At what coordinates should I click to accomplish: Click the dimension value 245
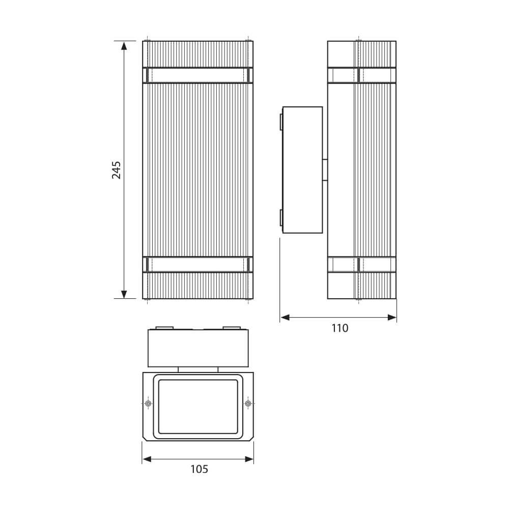pos(117,170)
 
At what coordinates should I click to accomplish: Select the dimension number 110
pos(340,328)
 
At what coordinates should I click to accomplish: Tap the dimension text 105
pos(199,469)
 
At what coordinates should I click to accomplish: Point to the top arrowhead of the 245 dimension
pos(124,45)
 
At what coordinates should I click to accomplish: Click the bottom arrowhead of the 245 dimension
pos(124,294)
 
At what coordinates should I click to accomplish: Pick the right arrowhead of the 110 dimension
pos(392,318)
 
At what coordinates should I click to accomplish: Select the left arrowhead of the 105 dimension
pos(147,459)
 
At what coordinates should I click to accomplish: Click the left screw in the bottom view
pos(148,404)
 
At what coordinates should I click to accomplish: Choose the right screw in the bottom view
pos(248,404)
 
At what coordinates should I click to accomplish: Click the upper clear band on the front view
pos(197,75)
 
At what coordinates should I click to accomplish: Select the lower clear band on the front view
pos(197,265)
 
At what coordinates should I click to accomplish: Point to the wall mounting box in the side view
pos(302,170)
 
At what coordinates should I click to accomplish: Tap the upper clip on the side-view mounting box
pos(280,122)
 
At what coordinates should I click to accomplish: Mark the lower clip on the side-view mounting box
pos(280,217)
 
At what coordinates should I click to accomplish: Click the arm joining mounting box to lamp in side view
pos(325,169)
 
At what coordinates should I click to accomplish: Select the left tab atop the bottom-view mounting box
pos(164,328)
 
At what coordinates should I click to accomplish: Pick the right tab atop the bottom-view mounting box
pos(232,328)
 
